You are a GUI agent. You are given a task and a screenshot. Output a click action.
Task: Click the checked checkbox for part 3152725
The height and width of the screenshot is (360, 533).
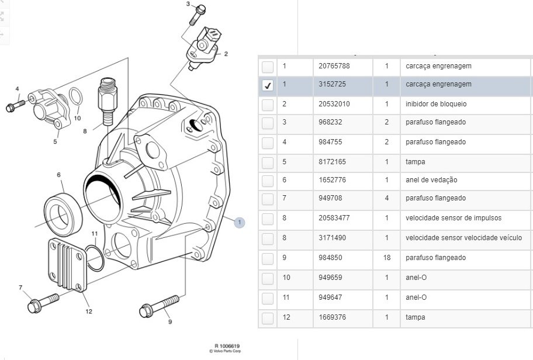pyautogui.click(x=268, y=85)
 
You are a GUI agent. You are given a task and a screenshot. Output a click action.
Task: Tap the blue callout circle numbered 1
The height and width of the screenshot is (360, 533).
pyautogui.click(x=239, y=222)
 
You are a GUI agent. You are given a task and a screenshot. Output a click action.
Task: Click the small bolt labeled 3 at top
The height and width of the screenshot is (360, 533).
pyautogui.click(x=198, y=15)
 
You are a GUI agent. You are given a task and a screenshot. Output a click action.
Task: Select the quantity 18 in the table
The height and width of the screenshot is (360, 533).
pyautogui.click(x=387, y=258)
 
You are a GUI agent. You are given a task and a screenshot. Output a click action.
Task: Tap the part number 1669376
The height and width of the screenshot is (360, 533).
pyautogui.click(x=331, y=317)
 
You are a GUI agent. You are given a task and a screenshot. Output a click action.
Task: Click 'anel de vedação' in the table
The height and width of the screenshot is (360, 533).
pyautogui.click(x=431, y=180)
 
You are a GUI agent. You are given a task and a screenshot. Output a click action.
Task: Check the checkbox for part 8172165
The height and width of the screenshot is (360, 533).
pyautogui.click(x=268, y=162)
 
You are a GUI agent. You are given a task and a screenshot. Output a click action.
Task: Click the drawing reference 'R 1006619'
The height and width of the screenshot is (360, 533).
pyautogui.click(x=227, y=345)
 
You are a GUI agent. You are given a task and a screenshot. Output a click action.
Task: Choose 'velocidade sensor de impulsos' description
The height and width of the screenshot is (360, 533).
pyautogui.click(x=454, y=218)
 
